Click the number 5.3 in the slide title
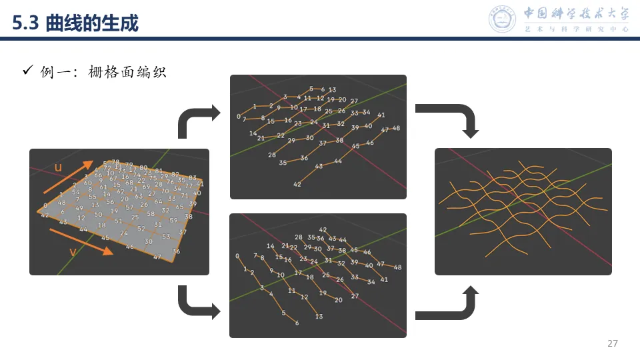(x=27, y=25)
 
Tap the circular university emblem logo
(x=503, y=19)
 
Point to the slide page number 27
(x=613, y=344)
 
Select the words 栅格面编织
(x=127, y=71)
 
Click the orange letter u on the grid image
(x=58, y=168)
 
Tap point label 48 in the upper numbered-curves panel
(x=395, y=128)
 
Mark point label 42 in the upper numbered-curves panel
(x=297, y=184)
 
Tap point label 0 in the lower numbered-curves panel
(x=237, y=256)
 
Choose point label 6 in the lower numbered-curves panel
(x=297, y=323)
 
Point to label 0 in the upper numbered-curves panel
(x=238, y=117)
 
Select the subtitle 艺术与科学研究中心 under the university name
(x=576, y=29)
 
